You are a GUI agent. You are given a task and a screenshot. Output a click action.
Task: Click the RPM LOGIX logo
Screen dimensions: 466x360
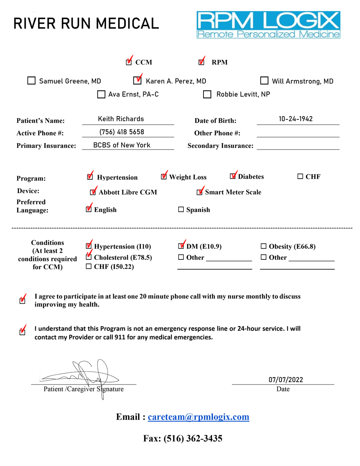[268, 24]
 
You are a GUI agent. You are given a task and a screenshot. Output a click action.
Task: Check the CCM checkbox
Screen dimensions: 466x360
[129, 62]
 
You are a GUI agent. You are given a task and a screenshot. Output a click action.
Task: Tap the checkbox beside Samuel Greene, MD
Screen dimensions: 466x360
[31, 81]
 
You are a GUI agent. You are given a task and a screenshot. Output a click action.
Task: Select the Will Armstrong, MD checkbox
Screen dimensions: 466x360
[264, 81]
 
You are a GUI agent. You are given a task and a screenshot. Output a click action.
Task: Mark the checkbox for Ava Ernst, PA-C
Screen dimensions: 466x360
[101, 94]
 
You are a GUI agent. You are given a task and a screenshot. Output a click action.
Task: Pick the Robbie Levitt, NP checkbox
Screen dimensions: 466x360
[207, 94]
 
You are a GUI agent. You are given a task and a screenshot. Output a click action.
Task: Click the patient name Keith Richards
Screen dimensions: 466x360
[121, 119]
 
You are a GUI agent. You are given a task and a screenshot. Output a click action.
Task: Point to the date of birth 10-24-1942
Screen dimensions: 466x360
[296, 119]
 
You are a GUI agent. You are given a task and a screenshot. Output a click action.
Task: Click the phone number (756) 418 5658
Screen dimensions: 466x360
[122, 132]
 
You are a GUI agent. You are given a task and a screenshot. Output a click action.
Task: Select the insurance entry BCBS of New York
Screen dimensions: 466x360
[122, 145]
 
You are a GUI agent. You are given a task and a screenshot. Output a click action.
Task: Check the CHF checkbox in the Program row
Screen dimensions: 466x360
[300, 177]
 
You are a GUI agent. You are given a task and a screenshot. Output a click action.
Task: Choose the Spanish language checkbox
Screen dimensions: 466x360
[181, 210]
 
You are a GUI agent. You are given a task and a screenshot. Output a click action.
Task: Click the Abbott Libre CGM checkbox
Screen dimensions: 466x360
[93, 192]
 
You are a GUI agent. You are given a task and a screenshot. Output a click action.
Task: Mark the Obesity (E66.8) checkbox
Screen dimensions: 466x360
[264, 246]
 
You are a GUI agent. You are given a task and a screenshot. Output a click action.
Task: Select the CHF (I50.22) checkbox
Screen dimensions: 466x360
[89, 266]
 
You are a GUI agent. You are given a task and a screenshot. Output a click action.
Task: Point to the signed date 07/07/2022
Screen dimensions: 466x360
[285, 380]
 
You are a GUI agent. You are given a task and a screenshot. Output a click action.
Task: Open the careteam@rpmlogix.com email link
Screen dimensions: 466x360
[198, 417]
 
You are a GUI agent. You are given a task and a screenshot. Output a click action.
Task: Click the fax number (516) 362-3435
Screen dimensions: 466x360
[193, 438]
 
